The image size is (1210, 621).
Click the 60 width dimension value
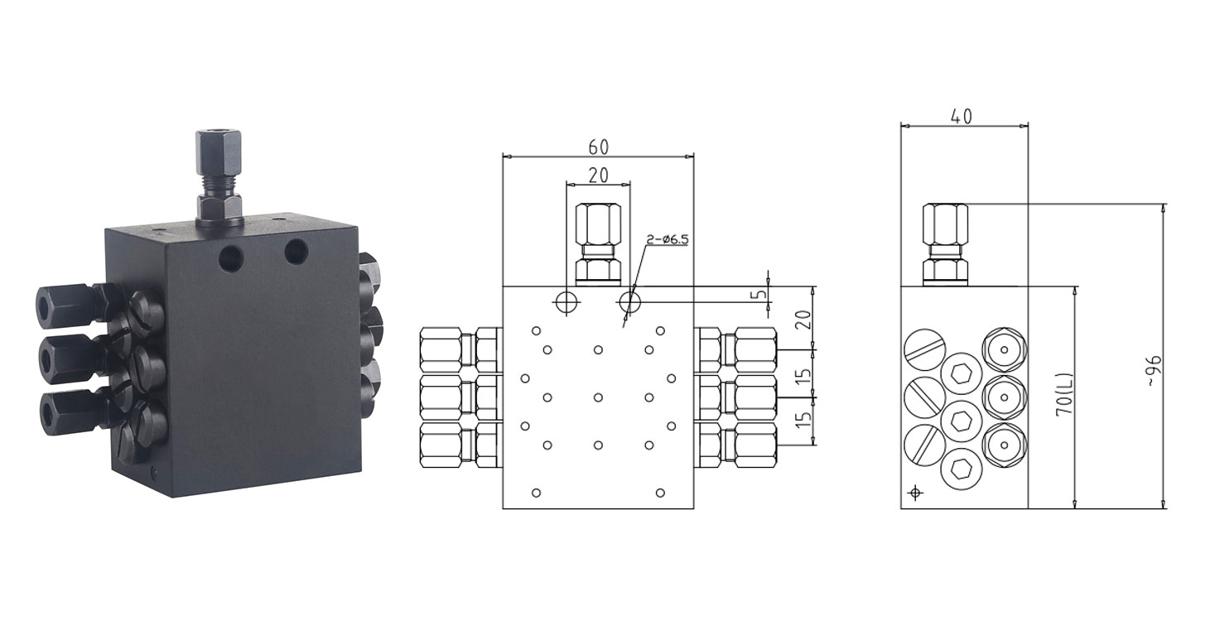tap(598, 147)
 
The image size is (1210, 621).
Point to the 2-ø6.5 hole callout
tap(668, 239)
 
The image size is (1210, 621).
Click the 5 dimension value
tap(759, 295)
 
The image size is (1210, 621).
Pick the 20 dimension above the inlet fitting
tap(598, 175)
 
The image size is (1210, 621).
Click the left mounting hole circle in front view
tap(566, 302)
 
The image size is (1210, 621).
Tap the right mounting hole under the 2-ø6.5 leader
tap(630, 302)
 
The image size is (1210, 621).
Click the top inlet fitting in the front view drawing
tap(598, 244)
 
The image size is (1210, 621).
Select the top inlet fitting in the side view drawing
tap(945, 244)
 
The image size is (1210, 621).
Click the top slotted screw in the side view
tap(925, 350)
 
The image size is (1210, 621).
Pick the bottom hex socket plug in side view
tap(962, 469)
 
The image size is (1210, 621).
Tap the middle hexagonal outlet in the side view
tap(1004, 397)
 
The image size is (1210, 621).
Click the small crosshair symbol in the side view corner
tap(915, 493)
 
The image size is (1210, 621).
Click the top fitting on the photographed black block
tap(219, 177)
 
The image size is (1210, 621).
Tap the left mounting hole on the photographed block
tap(232, 259)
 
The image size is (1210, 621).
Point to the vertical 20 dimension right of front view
tap(804, 319)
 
